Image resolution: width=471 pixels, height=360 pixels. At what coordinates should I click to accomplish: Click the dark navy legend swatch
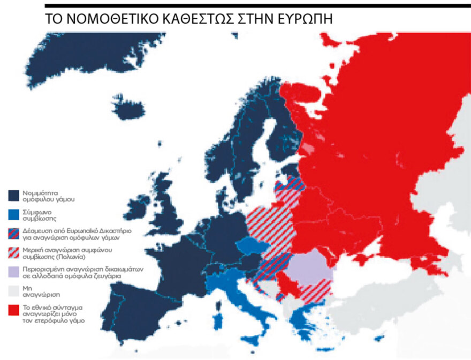point(14,195)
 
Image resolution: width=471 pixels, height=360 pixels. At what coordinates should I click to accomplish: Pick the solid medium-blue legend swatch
point(14,214)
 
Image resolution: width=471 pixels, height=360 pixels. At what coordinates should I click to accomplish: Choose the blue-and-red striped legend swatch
point(14,233)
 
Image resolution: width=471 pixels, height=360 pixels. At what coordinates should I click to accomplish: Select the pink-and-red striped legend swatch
point(14,252)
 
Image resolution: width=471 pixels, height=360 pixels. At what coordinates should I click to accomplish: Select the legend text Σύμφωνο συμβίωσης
point(37,214)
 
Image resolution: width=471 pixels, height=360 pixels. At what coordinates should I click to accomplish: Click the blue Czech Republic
point(249,247)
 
